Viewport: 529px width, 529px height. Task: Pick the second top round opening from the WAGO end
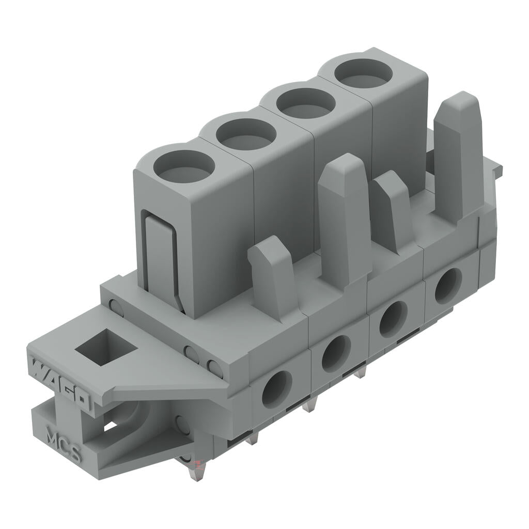pos(246,134)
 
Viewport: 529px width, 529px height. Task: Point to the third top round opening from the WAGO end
pos(305,103)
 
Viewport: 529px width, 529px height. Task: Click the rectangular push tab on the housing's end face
pos(160,258)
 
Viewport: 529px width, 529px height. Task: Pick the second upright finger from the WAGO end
pos(344,217)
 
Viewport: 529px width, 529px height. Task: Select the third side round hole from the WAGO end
pos(393,319)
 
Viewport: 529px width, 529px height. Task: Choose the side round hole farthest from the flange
pos(448,286)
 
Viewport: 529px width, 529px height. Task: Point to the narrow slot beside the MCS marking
pos(110,427)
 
